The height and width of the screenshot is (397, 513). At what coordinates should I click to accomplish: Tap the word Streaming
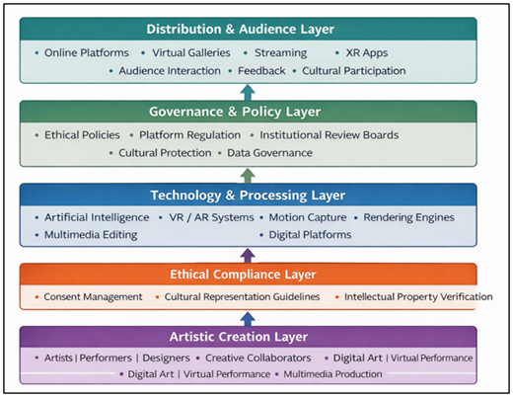pyautogui.click(x=280, y=52)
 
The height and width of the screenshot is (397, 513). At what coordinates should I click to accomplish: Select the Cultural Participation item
pyautogui.click(x=353, y=71)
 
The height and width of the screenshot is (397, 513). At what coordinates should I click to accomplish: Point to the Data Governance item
pyautogui.click(x=269, y=153)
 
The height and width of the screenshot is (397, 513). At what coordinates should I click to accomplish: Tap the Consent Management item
pyautogui.click(x=94, y=296)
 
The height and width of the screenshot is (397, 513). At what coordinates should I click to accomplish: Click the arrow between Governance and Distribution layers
pyautogui.click(x=248, y=92)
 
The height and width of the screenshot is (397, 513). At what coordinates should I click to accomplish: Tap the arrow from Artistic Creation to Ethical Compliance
pyautogui.click(x=248, y=318)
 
